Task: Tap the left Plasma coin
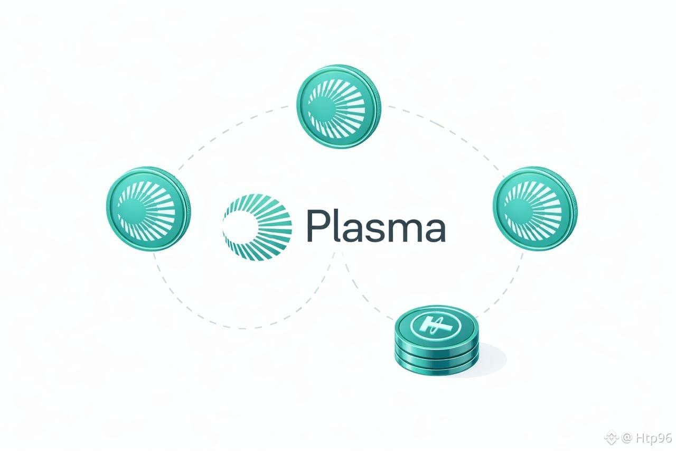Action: [x=148, y=209]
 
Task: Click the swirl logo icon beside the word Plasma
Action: [x=257, y=227]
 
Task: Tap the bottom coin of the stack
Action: [x=437, y=365]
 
